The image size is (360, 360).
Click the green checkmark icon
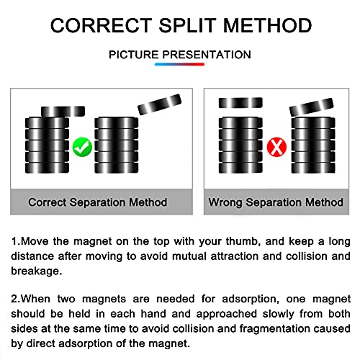point(82,147)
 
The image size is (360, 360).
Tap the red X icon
point(276,147)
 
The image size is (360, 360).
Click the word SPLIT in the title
point(187,25)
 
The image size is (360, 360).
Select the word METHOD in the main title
point(267,25)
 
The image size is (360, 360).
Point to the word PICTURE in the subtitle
point(134,55)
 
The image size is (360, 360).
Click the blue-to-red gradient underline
point(179,64)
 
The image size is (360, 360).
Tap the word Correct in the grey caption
point(47,202)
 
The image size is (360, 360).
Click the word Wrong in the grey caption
point(225,202)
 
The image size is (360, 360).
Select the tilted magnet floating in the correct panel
point(159,104)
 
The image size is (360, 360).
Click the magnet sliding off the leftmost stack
point(63,112)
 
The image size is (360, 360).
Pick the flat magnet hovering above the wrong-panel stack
point(240,103)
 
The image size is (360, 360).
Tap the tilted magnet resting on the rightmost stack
point(312,107)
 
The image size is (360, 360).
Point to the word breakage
point(37,271)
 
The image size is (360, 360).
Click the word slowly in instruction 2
point(278,314)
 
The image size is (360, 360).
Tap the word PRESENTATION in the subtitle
point(207,55)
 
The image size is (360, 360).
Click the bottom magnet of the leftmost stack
point(47,168)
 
